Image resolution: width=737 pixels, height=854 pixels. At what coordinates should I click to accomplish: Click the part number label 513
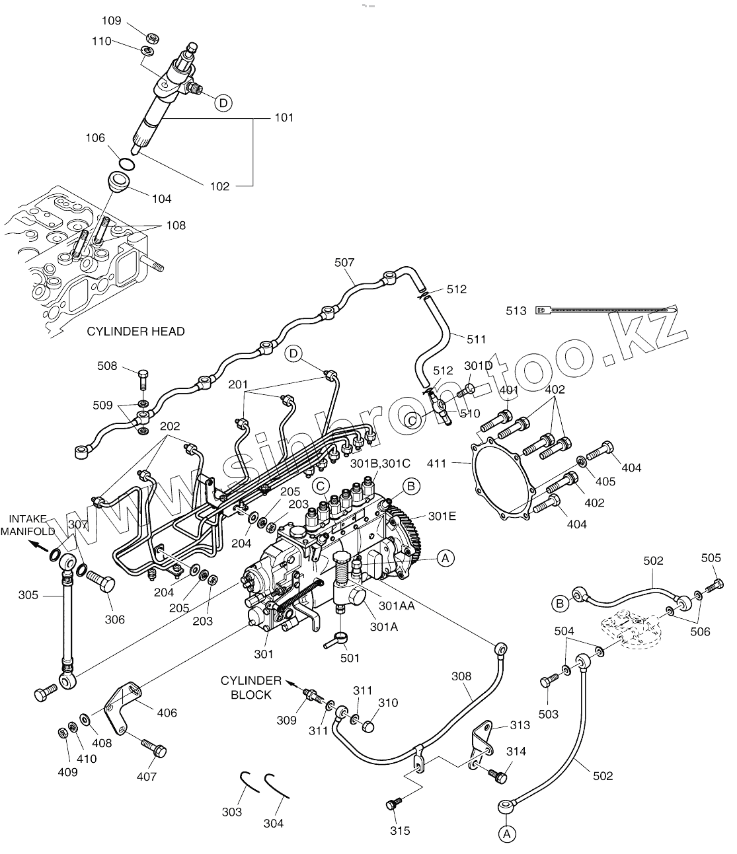(516, 310)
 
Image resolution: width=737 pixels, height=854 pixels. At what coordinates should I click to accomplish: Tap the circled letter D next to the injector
(223, 102)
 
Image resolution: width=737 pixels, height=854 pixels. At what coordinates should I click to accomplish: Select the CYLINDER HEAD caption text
(136, 331)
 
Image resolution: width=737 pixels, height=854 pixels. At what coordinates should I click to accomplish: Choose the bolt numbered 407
(155, 749)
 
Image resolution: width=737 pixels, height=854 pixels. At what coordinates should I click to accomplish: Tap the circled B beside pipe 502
(560, 602)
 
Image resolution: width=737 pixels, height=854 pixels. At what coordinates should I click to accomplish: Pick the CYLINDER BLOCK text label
(251, 687)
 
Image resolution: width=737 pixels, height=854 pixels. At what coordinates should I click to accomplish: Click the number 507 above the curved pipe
(344, 262)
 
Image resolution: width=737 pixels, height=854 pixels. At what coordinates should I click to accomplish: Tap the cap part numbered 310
(369, 726)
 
